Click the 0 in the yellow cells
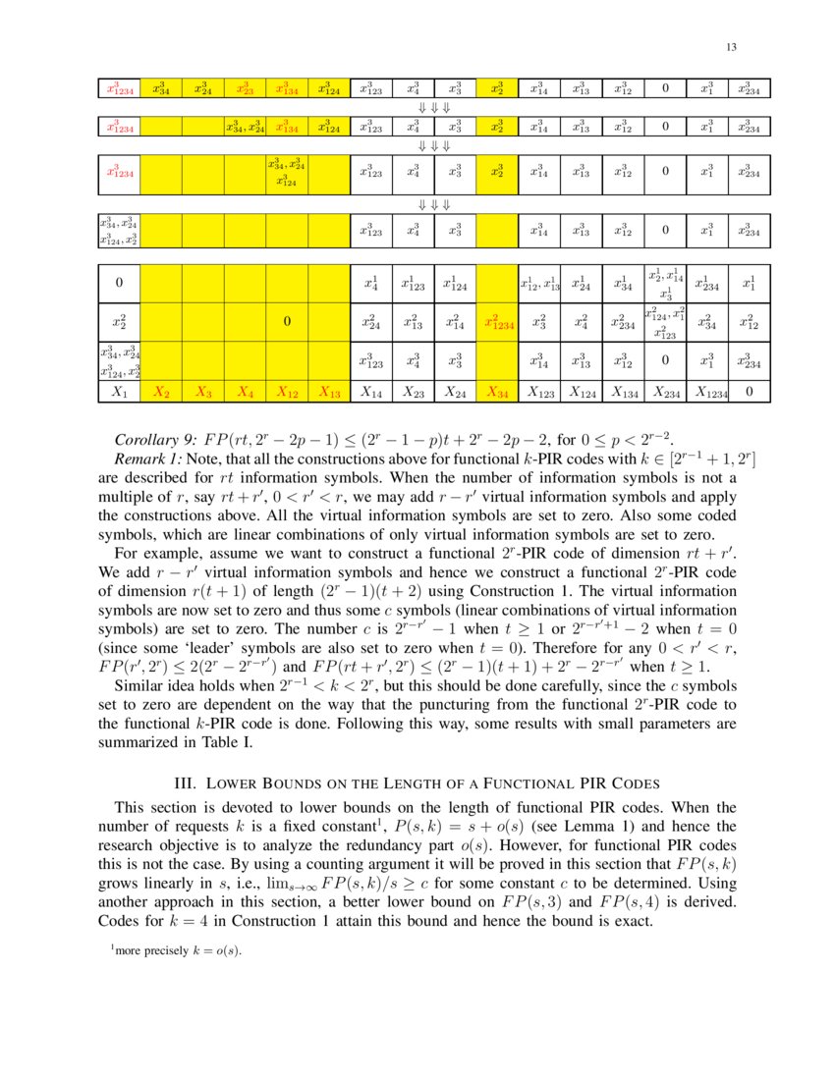click(x=287, y=321)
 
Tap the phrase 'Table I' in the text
click(x=230, y=742)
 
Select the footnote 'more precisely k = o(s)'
click(x=177, y=950)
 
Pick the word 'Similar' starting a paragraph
click(x=140, y=686)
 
